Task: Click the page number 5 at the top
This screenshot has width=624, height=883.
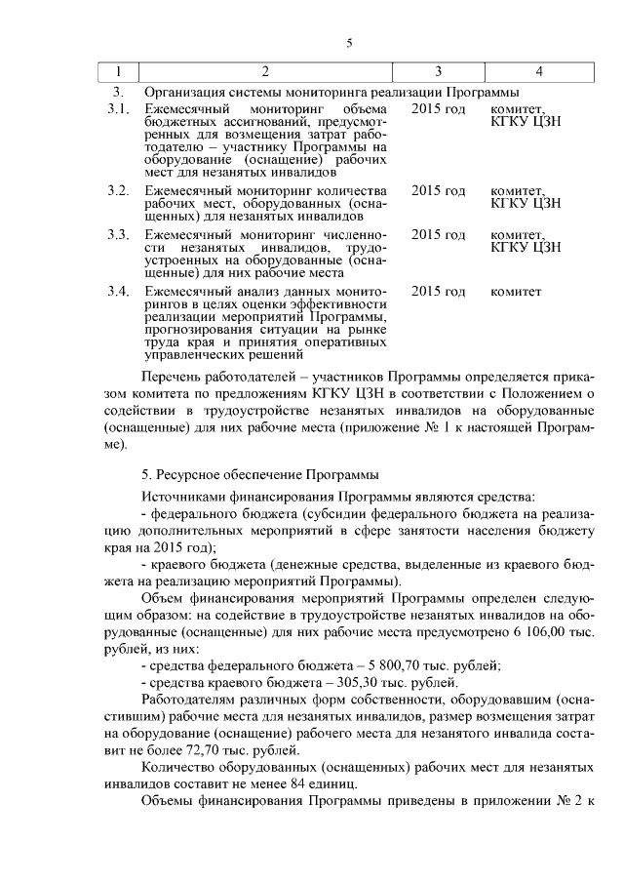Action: (x=348, y=42)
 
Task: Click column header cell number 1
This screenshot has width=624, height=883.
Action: (x=119, y=73)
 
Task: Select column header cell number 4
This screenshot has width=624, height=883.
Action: (x=539, y=73)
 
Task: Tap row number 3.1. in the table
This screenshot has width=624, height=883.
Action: (x=118, y=107)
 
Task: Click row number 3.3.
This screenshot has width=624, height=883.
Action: (x=118, y=235)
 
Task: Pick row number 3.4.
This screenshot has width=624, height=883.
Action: (x=118, y=292)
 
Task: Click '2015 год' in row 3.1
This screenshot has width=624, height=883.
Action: (x=439, y=107)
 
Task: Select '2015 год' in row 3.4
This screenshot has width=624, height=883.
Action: (x=439, y=292)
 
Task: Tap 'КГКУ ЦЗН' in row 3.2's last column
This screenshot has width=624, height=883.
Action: (x=526, y=202)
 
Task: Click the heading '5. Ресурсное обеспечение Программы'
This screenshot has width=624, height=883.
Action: (x=261, y=475)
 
